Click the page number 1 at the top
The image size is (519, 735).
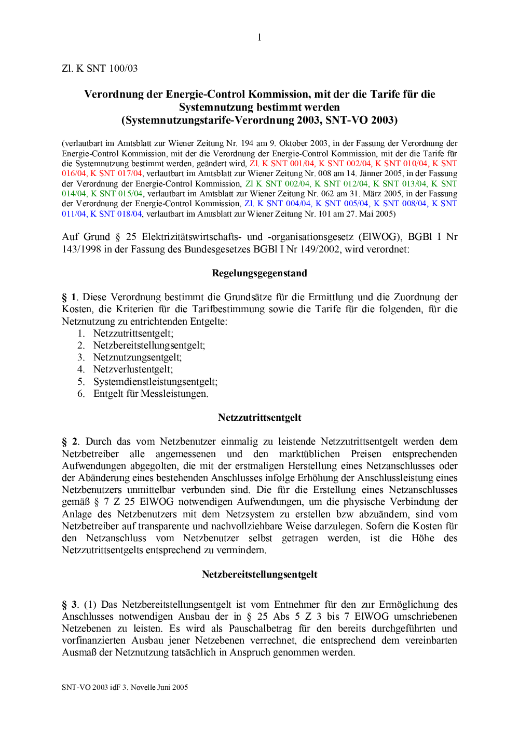[259, 37]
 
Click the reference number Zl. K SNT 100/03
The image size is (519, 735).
[100, 69]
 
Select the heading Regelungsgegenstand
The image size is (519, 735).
[259, 273]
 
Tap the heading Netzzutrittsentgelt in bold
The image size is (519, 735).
[259, 418]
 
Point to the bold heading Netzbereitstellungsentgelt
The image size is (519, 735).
[259, 574]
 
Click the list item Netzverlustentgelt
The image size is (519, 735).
[133, 369]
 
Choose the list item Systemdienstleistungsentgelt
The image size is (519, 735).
[155, 382]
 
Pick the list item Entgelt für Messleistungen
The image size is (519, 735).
[151, 394]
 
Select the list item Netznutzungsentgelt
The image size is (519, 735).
[138, 357]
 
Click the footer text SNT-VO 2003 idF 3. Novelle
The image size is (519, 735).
[125, 687]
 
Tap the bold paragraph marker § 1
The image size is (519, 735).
[70, 297]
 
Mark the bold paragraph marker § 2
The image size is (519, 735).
[70, 442]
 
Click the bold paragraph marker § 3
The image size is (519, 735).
[70, 605]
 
